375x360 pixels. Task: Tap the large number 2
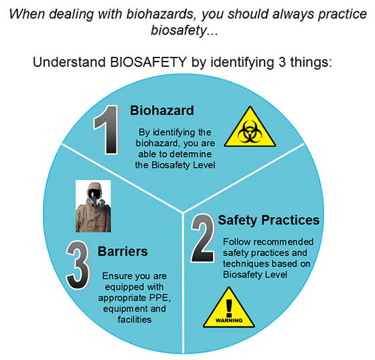204,238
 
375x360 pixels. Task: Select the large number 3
78,266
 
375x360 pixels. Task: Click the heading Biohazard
162,110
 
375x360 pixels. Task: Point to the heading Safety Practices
269,220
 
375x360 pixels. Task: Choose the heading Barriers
123,252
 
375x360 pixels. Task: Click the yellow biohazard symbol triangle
250,126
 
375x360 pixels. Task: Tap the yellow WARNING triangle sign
229,307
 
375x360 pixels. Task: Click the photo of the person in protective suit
93,206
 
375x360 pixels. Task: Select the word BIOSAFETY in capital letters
149,62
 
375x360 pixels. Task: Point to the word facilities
135,319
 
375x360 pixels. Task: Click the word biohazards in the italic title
160,14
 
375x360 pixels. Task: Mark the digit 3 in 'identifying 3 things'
282,62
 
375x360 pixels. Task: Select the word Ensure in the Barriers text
117,276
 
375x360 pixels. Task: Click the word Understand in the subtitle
70,62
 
